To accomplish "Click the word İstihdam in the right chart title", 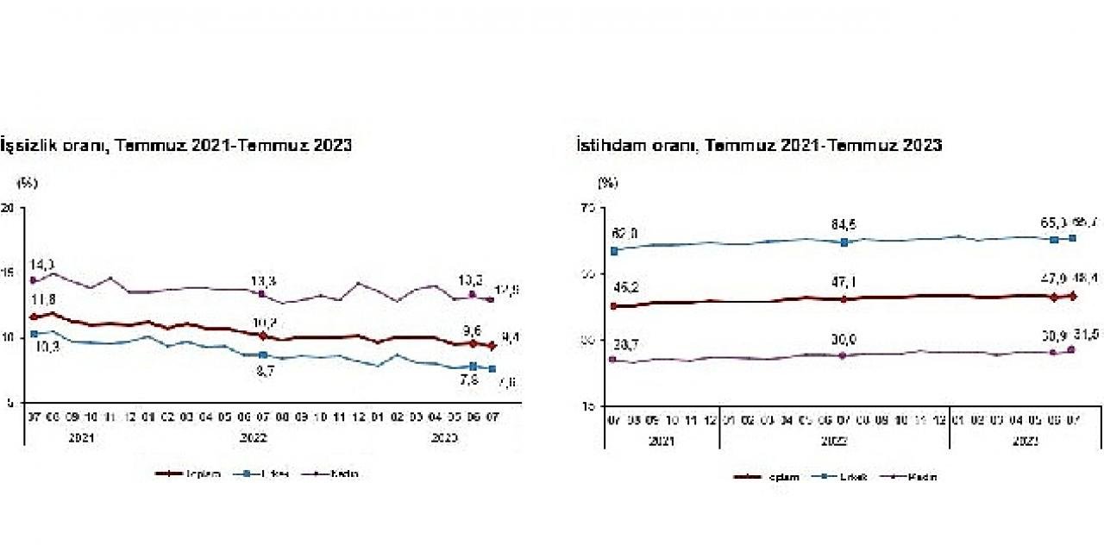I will click(607, 145).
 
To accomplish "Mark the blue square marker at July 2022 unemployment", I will click(262, 354).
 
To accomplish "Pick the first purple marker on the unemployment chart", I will click(33, 280).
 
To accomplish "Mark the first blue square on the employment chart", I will click(614, 251).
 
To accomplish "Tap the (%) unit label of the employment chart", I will click(608, 182).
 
